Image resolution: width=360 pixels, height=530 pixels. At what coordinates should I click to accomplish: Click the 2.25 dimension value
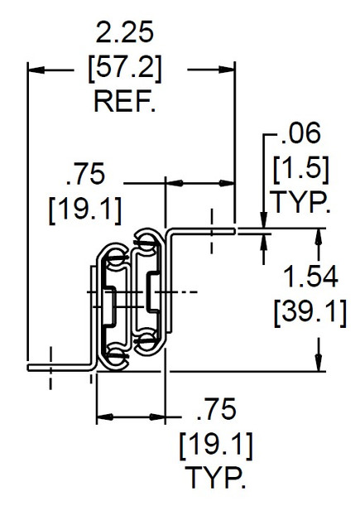point(125,32)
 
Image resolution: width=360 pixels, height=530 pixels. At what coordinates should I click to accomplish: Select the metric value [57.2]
point(125,68)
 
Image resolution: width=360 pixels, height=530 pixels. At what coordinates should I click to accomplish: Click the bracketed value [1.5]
point(300,169)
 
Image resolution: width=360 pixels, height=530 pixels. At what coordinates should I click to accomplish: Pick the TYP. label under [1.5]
point(300,202)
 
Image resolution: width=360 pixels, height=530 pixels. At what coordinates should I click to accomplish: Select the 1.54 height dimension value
point(310,276)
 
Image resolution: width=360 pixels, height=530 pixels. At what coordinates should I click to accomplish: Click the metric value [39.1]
point(310,312)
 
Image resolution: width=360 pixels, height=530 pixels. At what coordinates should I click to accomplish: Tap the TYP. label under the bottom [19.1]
point(215,477)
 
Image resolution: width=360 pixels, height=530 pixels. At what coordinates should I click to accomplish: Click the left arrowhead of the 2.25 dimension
point(36,70)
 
